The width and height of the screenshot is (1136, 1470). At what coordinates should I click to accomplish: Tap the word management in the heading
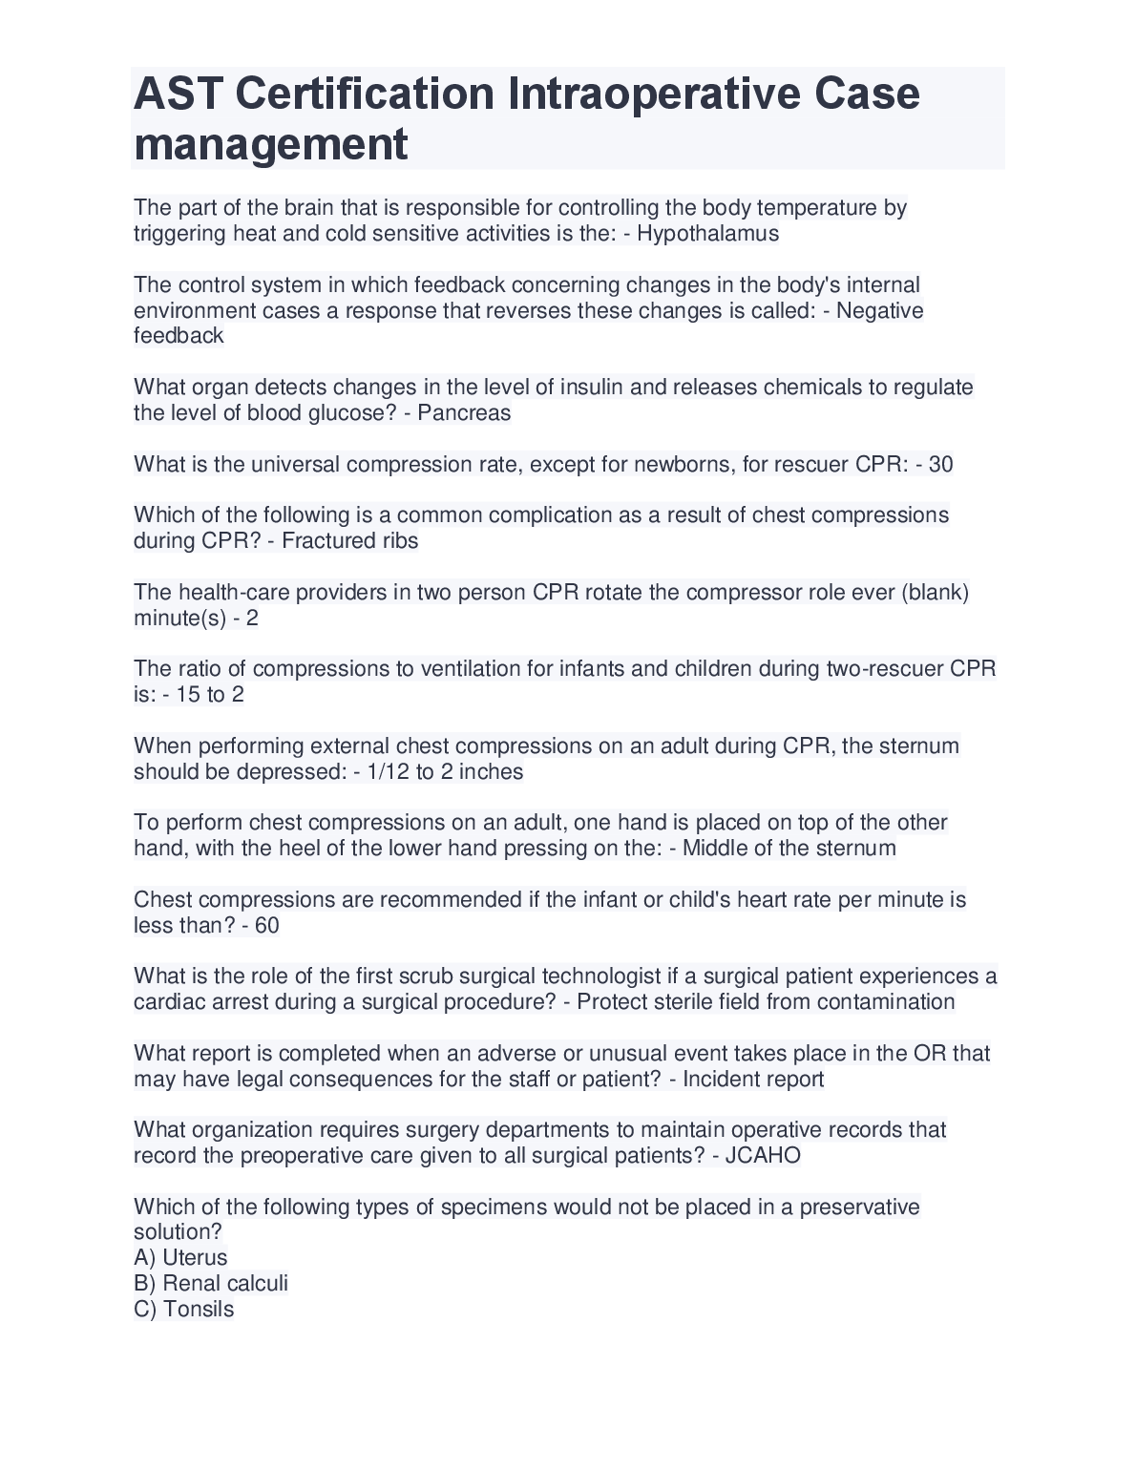point(271,144)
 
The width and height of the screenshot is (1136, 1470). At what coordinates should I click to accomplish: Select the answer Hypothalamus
point(707,234)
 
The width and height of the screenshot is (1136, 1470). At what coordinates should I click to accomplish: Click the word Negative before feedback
point(879,310)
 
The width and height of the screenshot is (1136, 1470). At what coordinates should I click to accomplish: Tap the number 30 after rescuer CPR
point(940,464)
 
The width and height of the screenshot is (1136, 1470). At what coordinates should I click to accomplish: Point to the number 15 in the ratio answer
point(188,694)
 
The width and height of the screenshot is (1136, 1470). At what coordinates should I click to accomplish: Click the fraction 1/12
point(388,771)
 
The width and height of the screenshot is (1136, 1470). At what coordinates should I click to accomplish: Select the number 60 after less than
point(266,925)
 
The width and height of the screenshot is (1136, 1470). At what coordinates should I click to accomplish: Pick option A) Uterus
point(181,1257)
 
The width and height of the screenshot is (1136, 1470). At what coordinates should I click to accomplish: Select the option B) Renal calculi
point(211,1283)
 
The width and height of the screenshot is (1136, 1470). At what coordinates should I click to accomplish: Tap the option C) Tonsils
point(184,1309)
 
